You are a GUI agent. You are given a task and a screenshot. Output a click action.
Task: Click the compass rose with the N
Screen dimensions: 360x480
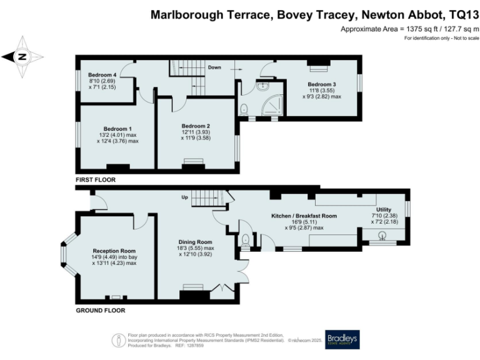pos(22,56)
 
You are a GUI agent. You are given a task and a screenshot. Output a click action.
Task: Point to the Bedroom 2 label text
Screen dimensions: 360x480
pos(195,126)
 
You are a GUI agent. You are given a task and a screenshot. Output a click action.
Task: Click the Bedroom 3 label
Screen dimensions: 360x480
pos(321,84)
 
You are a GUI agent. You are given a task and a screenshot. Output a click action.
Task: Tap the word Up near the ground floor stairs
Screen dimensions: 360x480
pos(184,198)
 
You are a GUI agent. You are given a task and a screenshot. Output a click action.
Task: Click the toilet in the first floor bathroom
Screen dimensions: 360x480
pos(244,110)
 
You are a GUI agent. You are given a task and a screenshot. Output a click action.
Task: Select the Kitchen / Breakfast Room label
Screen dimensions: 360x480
pos(304,216)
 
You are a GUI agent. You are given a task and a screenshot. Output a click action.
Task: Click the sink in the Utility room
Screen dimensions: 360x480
pos(383,235)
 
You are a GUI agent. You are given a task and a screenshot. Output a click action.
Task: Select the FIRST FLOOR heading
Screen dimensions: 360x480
pos(96,179)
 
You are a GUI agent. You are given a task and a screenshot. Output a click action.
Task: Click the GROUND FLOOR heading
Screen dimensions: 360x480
pos(100,310)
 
